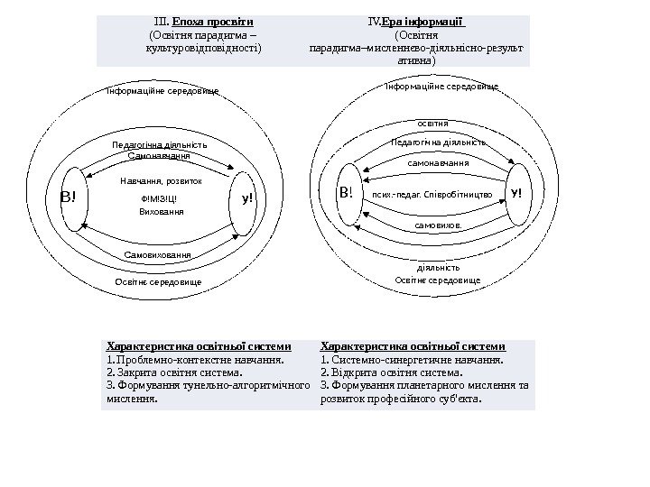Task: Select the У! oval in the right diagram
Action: point(515,193)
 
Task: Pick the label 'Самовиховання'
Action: point(159,254)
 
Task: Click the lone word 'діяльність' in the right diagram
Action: point(439,268)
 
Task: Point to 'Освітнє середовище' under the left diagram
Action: point(158,282)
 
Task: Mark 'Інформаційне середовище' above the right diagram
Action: point(441,86)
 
